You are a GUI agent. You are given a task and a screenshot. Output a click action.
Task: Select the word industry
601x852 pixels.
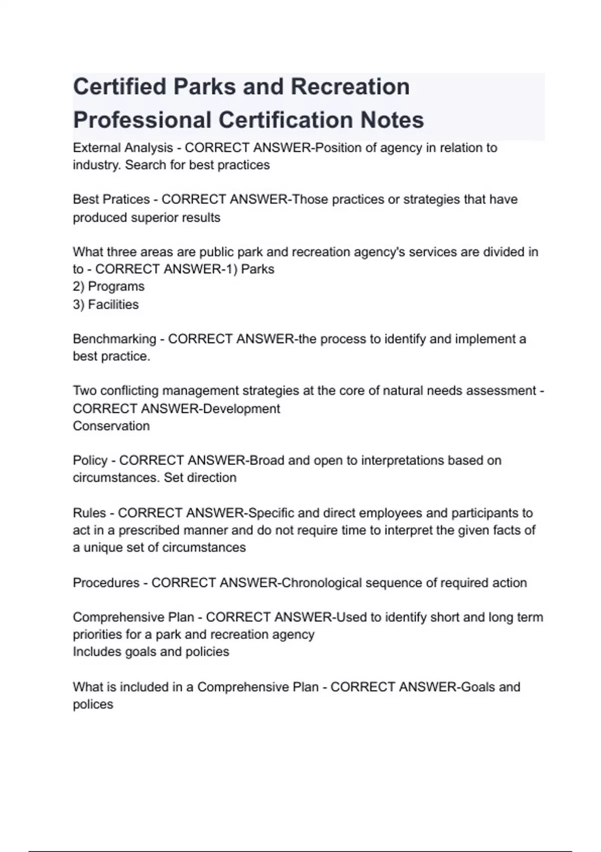(96, 165)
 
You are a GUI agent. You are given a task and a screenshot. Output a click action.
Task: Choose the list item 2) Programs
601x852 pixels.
(109, 286)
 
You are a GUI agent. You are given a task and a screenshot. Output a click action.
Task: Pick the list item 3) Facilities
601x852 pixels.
(106, 304)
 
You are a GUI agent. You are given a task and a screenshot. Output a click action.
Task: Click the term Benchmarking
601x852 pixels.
(114, 339)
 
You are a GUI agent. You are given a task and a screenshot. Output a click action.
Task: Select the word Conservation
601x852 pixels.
(111, 426)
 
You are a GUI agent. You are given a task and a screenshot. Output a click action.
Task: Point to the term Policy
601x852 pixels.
(90, 460)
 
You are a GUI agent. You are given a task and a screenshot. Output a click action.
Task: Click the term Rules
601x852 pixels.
(89, 513)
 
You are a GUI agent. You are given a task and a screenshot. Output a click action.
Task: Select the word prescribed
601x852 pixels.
(149, 530)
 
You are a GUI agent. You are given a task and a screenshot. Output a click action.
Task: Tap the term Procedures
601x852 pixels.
(106, 583)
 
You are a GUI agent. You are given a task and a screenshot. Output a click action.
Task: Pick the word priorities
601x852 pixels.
(97, 634)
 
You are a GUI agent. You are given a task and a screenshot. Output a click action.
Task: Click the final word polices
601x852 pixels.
(93, 704)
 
